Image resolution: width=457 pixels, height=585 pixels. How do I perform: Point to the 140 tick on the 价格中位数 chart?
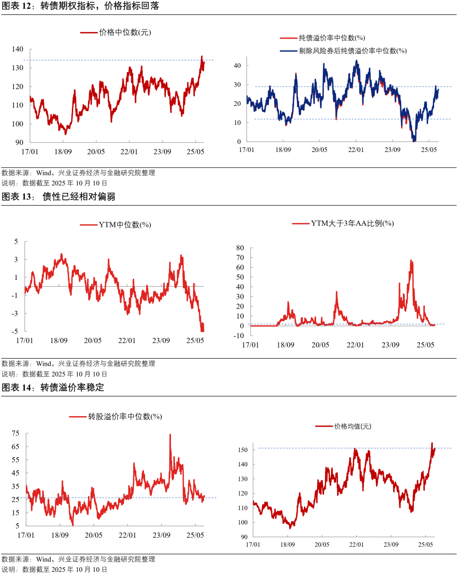[17, 49]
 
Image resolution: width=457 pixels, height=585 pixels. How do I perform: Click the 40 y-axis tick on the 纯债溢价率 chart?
[237, 66]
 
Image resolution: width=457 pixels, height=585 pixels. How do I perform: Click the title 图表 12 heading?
[80, 6]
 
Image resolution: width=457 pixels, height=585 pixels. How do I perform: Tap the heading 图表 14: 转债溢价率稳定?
[53, 388]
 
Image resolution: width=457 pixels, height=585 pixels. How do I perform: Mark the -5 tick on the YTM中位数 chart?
[15, 331]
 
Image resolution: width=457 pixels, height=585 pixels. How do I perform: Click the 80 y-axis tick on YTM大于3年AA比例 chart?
[240, 248]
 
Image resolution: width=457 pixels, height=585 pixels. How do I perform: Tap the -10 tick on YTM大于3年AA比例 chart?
[239, 336]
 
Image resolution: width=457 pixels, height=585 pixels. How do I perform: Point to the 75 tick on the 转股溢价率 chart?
[16, 433]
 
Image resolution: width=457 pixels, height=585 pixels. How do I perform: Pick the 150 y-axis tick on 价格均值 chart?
[243, 450]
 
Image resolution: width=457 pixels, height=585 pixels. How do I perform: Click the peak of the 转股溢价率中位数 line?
[170, 434]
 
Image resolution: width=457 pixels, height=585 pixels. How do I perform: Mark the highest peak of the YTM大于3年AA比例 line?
[411, 260]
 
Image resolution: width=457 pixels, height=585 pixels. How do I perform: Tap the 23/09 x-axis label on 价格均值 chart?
[391, 544]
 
